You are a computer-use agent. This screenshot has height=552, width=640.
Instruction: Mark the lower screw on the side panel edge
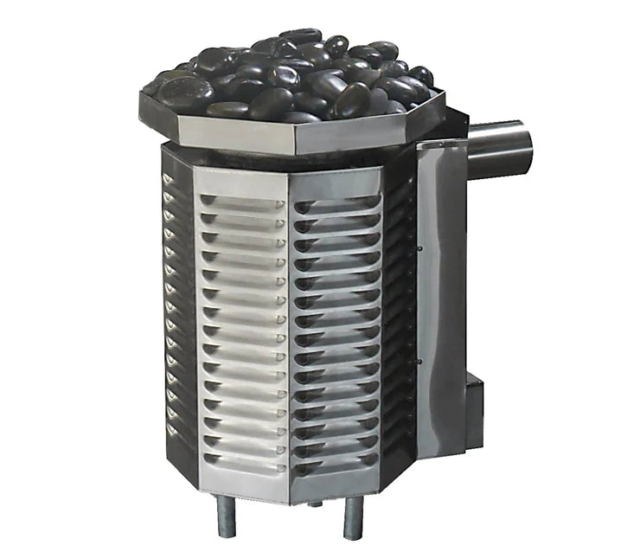click(x=419, y=361)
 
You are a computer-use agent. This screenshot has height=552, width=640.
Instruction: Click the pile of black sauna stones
click(x=294, y=78)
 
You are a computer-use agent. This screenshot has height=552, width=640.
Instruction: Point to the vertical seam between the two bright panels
click(x=289, y=337)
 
